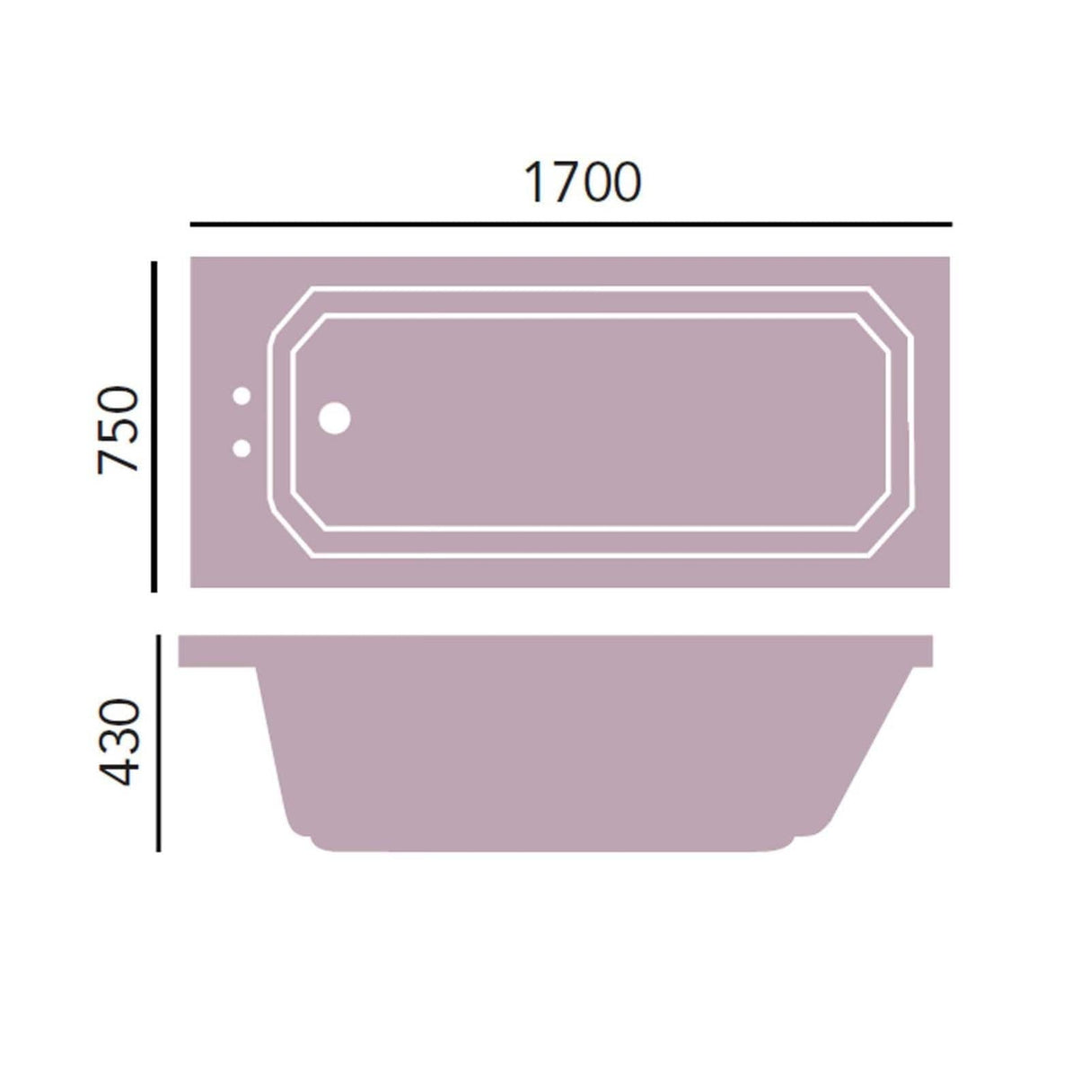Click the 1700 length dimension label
coord(582,182)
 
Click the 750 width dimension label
coord(119,429)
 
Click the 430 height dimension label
coord(120,743)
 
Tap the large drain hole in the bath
coord(335,418)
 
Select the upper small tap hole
coord(242,396)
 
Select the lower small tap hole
coord(242,447)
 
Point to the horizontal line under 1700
coord(570,223)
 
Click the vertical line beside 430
coord(158,743)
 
